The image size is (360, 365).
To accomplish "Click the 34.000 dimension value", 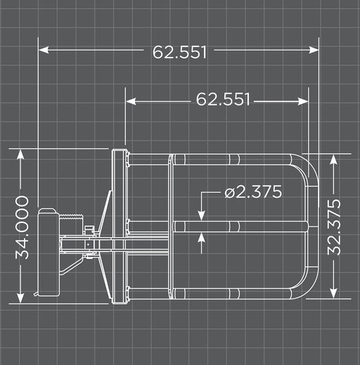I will click(22, 227).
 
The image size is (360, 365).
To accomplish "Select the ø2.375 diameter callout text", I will click(253, 193).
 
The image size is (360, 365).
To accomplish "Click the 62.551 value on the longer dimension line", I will click(180, 51).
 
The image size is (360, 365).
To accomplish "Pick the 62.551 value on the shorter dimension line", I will click(223, 101).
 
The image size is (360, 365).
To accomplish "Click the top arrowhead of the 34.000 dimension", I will click(22, 153).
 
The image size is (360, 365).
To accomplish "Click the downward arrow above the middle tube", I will click(202, 214).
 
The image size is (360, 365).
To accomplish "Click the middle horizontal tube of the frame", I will click(239, 226).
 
